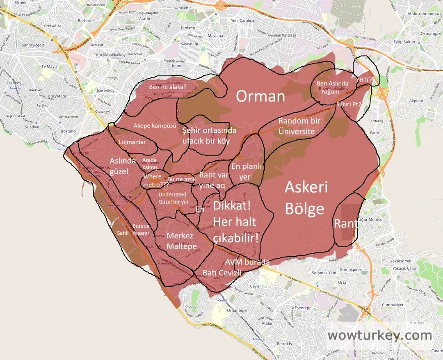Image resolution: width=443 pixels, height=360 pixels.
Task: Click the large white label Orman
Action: pos(260,96)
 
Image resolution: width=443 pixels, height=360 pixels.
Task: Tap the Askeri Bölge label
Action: pos(306,198)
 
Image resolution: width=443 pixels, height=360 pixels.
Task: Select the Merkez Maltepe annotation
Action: pos(181,242)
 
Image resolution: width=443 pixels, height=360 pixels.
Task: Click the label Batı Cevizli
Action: pos(222,273)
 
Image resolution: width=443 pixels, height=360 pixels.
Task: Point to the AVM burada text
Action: pos(248,262)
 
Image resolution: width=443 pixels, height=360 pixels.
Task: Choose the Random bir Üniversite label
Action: pos(299,126)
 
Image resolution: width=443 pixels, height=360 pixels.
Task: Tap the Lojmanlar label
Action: pos(132,142)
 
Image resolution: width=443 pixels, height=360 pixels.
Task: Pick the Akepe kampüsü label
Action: pos(154,125)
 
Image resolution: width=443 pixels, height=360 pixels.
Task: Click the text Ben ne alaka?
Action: pos(167,87)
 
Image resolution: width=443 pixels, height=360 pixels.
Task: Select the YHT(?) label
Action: pos(365,80)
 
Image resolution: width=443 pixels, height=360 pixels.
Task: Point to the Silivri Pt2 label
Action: pos(349,105)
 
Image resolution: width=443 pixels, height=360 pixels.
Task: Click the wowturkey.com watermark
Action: pos(379,335)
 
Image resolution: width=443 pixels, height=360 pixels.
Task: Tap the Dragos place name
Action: pos(191,306)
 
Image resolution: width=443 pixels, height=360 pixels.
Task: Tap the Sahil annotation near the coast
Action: pos(123,233)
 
